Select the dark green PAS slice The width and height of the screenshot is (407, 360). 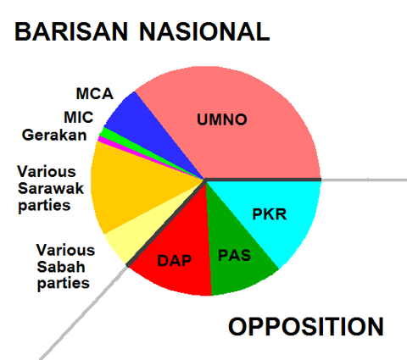click(235, 254)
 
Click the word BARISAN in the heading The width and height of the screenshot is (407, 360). click(71, 31)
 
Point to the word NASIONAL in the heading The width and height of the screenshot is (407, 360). click(204, 31)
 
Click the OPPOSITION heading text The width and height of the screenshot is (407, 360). click(306, 326)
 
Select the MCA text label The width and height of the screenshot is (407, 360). click(95, 94)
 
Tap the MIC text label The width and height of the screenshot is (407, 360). click(79, 117)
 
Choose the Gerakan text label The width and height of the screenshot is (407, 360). click(54, 135)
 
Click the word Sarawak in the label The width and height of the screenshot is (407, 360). click(51, 188)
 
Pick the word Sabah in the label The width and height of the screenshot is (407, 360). click(61, 267)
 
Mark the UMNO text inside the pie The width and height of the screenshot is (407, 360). click(222, 119)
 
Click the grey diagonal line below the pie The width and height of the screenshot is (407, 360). click(83, 313)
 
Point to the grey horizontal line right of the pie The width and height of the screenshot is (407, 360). click(364, 180)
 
